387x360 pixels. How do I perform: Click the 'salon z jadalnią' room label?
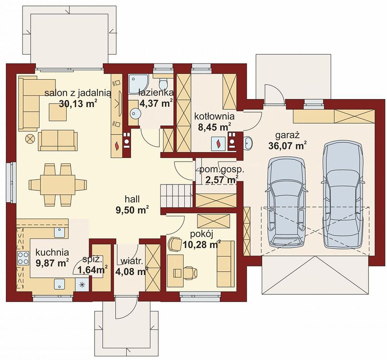coord(78,93)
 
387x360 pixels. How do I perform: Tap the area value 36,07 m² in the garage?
coord(287,146)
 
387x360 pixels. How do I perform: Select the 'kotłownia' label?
coord(214,116)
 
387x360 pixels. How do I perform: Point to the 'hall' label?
coord(132,199)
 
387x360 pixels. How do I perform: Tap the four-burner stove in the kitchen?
coord(23,258)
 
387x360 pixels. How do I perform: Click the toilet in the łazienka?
coord(163,84)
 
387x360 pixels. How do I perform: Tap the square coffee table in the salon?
coord(58,112)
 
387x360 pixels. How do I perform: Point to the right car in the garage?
coord(343,195)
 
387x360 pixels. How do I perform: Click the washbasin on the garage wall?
coord(247,143)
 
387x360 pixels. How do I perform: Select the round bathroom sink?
coord(136,113)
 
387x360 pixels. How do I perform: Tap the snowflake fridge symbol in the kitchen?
coord(82,284)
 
